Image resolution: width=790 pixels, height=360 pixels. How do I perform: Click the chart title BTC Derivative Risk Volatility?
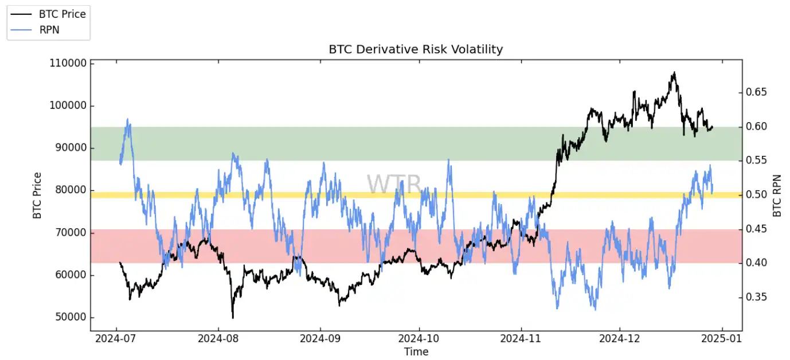pos(416,49)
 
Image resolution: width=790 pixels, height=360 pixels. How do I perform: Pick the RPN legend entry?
pos(48,30)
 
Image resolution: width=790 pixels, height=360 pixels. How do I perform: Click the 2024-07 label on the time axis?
pos(116,339)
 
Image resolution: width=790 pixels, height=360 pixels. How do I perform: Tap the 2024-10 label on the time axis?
pos(420,339)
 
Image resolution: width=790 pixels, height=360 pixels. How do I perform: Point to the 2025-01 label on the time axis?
pos(722,339)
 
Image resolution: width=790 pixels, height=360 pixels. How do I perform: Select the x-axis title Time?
pos(416,351)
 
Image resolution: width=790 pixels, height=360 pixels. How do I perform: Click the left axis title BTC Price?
pos(37,195)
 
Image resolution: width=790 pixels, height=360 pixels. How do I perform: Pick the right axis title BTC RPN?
pos(777,195)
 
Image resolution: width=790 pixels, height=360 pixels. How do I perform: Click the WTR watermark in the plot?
pos(394,184)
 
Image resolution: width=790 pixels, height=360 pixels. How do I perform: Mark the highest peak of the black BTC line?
pos(674,72)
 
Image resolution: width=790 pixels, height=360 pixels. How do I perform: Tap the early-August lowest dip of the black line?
pos(233,318)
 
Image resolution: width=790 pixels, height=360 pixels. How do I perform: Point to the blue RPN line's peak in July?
pos(127,119)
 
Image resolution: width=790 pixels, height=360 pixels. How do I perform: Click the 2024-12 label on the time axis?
pos(621,339)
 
